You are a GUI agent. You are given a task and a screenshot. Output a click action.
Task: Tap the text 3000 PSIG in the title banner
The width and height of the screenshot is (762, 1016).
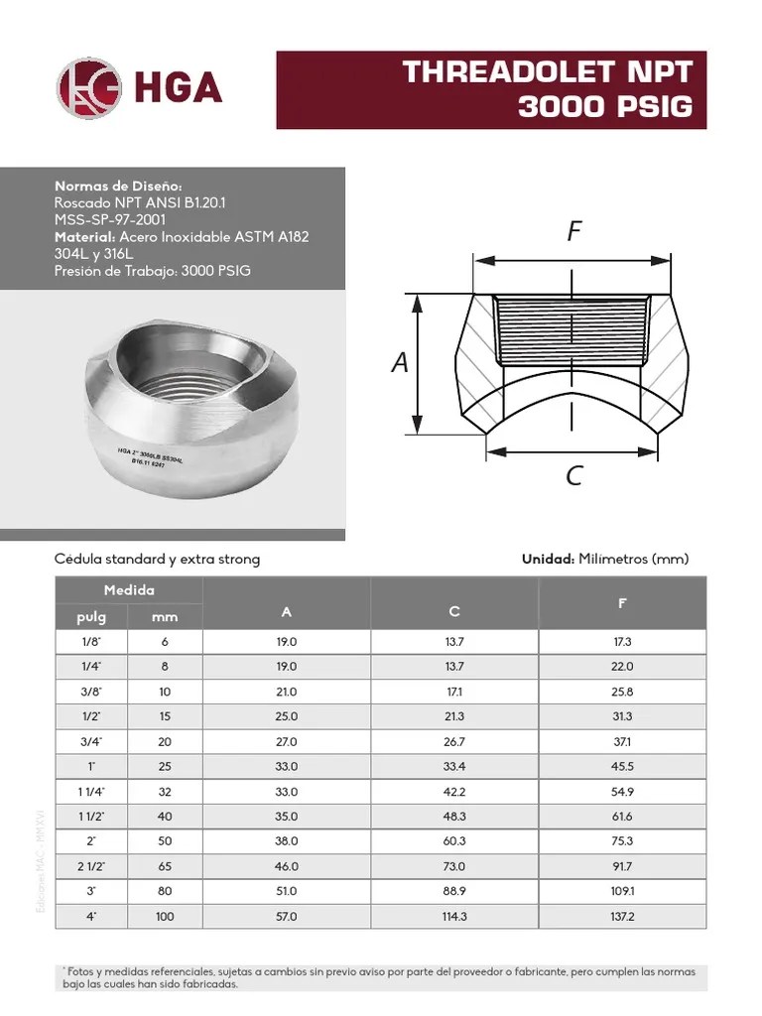tap(604, 107)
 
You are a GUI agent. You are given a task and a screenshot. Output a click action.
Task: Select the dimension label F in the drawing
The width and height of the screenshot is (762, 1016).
tap(573, 231)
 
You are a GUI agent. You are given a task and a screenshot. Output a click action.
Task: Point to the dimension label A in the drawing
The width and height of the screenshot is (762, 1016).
tap(400, 363)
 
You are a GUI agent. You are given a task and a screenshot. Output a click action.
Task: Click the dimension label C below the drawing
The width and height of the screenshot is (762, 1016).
tap(573, 476)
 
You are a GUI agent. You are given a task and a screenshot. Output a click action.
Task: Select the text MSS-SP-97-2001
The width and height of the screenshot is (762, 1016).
tap(110, 219)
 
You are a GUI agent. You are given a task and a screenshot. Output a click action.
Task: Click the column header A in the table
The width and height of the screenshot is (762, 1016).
tap(287, 612)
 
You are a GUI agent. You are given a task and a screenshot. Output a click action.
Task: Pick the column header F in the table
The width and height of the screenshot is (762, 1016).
tap(622, 603)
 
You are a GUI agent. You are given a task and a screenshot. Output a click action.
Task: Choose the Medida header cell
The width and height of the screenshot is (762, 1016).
tap(129, 590)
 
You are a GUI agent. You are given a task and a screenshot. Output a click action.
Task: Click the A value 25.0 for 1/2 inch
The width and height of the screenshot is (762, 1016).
tap(287, 716)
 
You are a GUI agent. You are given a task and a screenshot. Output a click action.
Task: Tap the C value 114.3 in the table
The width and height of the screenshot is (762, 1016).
tap(454, 917)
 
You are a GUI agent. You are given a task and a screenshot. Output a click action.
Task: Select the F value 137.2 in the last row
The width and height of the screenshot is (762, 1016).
tap(622, 917)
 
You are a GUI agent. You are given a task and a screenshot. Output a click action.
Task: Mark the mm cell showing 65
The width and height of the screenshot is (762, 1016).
tap(165, 866)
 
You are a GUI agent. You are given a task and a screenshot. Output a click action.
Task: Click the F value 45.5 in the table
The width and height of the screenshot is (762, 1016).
tap(622, 766)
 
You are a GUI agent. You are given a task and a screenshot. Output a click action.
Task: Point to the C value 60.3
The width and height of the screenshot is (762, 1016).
tap(454, 841)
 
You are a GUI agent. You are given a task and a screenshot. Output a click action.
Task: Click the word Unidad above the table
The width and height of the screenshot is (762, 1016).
tap(548, 560)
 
